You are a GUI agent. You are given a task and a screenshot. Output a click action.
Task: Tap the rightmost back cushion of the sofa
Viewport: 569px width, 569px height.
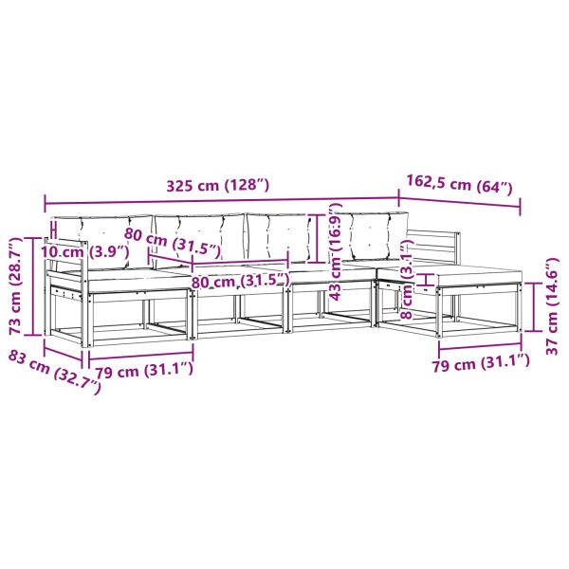pyautogui.click(x=370, y=237)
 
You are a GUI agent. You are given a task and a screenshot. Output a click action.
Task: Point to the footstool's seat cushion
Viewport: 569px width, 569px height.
pyautogui.click(x=474, y=275)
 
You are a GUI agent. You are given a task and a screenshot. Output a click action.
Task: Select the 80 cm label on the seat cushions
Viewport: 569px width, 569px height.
pyautogui.click(x=239, y=282)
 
